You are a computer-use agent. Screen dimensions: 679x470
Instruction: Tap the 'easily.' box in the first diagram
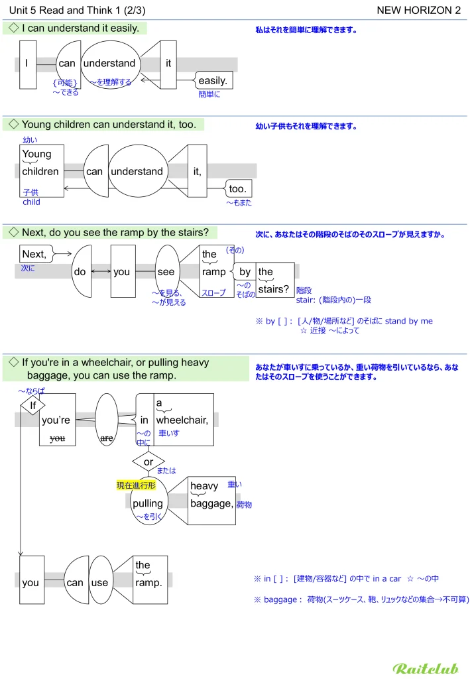pyautogui.click(x=213, y=81)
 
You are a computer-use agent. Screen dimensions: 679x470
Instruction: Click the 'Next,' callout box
pyautogui.click(x=34, y=254)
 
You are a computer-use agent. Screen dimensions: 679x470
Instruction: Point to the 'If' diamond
pyautogui.click(x=32, y=405)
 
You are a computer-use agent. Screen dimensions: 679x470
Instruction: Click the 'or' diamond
pyautogui.click(x=148, y=462)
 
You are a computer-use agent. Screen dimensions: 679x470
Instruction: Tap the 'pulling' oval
pyautogui.click(x=147, y=503)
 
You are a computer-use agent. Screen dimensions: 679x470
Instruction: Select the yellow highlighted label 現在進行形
pyautogui.click(x=136, y=485)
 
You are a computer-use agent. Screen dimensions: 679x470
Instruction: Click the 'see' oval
pyautogui.click(x=166, y=272)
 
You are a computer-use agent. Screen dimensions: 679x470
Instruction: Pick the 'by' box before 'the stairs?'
pyautogui.click(x=245, y=272)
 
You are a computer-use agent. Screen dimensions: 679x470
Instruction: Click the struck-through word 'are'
pyautogui.click(x=106, y=438)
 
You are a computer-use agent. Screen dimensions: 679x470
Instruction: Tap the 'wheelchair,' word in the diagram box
pyautogui.click(x=182, y=420)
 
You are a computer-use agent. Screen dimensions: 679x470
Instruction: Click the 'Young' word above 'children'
pyautogui.click(x=36, y=154)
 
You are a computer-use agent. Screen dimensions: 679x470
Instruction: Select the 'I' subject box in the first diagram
pyautogui.click(x=27, y=64)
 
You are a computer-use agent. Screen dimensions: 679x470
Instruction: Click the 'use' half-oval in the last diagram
pyautogui.click(x=99, y=583)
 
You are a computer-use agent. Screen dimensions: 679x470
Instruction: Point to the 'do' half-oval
pyautogui.click(x=80, y=272)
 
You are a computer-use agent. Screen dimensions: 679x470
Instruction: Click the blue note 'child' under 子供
pyautogui.click(x=31, y=202)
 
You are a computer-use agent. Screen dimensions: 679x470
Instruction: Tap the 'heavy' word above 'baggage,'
pyautogui.click(x=204, y=486)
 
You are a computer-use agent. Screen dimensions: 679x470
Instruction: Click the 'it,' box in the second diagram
pyautogui.click(x=197, y=171)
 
